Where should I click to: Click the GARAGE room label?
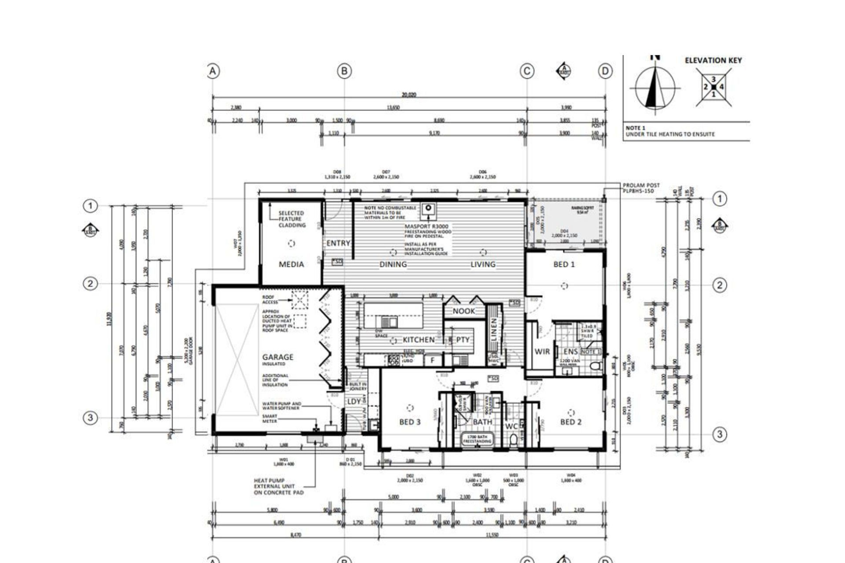pyautogui.click(x=278, y=357)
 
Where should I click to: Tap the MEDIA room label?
pyautogui.click(x=291, y=264)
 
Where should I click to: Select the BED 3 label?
pyautogui.click(x=410, y=422)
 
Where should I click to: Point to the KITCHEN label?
pyautogui.click(x=419, y=340)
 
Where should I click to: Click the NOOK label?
pyautogui.click(x=464, y=311)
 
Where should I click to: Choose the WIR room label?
pyautogui.click(x=542, y=351)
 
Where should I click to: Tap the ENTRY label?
pyautogui.click(x=338, y=243)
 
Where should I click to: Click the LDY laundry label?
pyautogui.click(x=354, y=401)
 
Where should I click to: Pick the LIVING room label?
pyautogui.click(x=483, y=264)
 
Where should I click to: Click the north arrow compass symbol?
pyautogui.click(x=655, y=87)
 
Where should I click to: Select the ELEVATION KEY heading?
pyautogui.click(x=713, y=61)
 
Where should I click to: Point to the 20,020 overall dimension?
pyautogui.click(x=408, y=95)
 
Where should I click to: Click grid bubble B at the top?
pyautogui.click(x=344, y=71)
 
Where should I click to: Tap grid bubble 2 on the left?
pyautogui.click(x=90, y=284)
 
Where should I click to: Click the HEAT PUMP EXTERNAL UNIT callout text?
pyautogui.click(x=279, y=486)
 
